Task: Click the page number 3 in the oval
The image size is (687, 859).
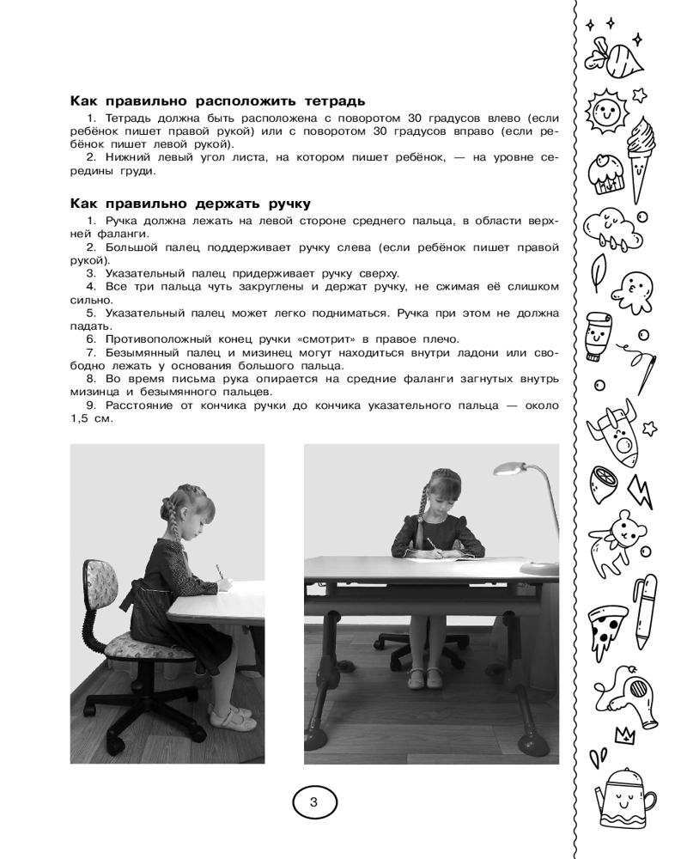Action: click(x=313, y=803)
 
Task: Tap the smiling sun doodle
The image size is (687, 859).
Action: click(x=607, y=110)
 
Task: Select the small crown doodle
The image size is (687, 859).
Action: click(x=623, y=734)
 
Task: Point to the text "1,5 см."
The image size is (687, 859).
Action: click(x=89, y=419)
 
